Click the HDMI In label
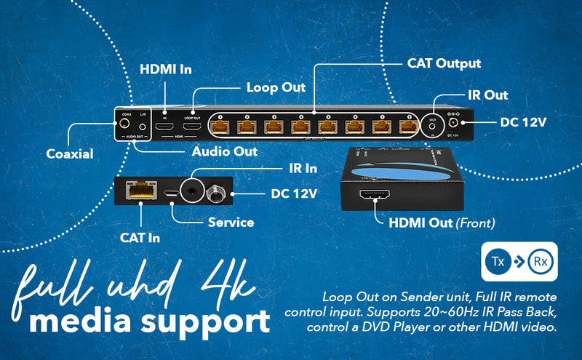165,70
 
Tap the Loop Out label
276,87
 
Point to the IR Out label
487,95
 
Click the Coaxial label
71,153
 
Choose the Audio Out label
224,151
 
